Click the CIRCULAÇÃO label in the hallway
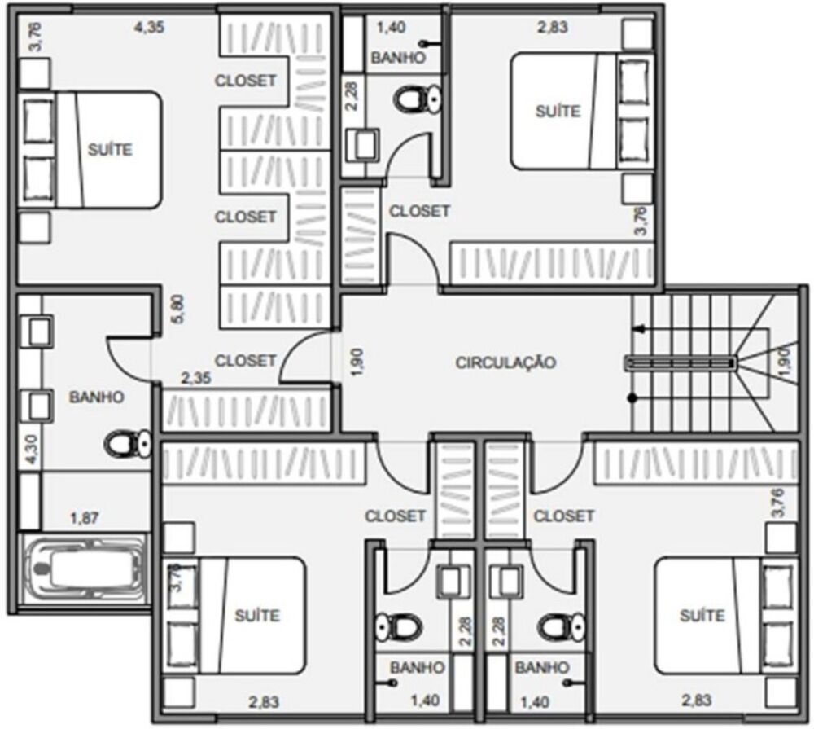(505, 362)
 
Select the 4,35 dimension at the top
(148, 26)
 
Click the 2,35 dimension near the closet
(195, 377)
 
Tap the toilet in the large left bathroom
(129, 444)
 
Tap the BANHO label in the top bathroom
(397, 58)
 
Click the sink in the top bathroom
(361, 145)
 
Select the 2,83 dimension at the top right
(552, 26)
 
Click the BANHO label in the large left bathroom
(97, 397)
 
